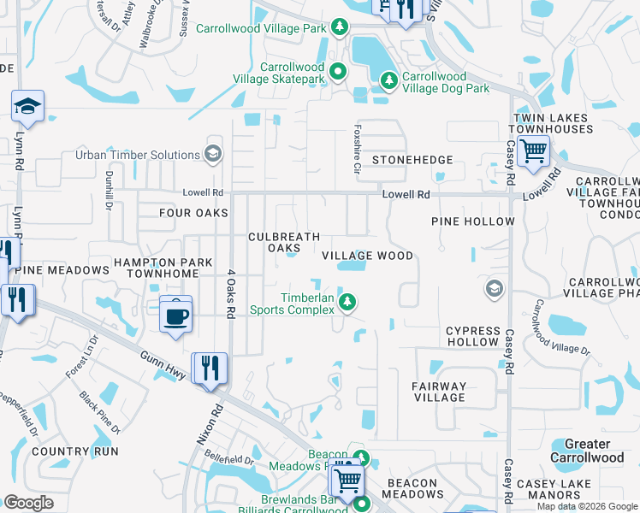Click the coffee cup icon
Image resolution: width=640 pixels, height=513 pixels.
pyautogui.click(x=175, y=315)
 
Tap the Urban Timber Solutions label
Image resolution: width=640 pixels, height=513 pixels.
pyautogui.click(x=138, y=155)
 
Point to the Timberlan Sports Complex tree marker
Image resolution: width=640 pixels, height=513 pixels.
pyautogui.click(x=347, y=301)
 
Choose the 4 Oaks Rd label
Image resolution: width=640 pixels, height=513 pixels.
pyautogui.click(x=229, y=295)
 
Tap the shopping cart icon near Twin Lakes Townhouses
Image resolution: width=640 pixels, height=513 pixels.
pyautogui.click(x=533, y=152)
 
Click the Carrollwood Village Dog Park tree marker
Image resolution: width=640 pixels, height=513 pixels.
pyautogui.click(x=389, y=80)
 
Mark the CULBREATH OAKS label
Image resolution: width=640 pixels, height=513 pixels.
pyautogui.click(x=283, y=242)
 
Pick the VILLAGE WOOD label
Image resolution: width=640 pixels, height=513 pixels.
pyautogui.click(x=367, y=256)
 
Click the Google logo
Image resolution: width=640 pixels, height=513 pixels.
pyautogui.click(x=28, y=503)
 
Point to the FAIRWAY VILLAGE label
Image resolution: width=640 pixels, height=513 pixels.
pyautogui.click(x=440, y=391)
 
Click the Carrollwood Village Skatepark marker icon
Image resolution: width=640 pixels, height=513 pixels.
pyautogui.click(x=338, y=72)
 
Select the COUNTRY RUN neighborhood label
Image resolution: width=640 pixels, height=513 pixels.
pyautogui.click(x=72, y=451)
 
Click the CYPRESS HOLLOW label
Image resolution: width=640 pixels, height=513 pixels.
pyautogui.click(x=472, y=336)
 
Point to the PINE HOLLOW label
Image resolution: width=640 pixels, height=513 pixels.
pyautogui.click(x=473, y=221)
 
